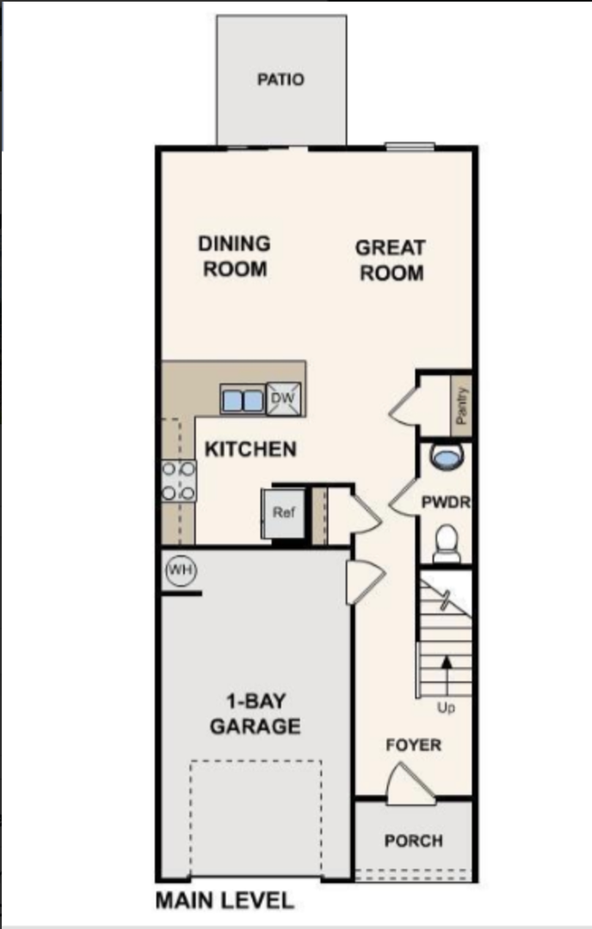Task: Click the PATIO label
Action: [281, 79]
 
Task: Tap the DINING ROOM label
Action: [235, 256]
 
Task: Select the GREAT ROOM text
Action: [391, 260]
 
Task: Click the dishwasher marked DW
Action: [283, 399]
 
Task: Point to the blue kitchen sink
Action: [243, 400]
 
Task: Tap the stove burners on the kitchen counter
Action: [178, 481]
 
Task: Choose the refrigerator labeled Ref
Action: [283, 513]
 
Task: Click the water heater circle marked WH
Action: [181, 570]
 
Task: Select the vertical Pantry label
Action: [462, 405]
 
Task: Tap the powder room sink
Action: [447, 457]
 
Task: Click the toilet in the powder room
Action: [447, 544]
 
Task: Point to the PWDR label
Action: [446, 502]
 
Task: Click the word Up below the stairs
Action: [446, 707]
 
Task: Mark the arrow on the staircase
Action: [447, 675]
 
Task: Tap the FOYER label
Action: [414, 745]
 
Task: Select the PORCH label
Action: [414, 840]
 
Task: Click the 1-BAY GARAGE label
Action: [256, 714]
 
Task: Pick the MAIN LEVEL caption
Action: [225, 901]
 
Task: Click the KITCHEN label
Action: [250, 449]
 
